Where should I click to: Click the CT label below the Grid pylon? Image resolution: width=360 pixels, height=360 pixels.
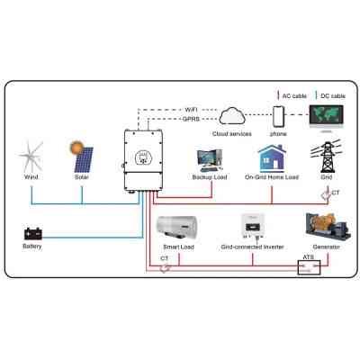tap(336, 193)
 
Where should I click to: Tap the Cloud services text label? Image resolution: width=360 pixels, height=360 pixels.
tap(231, 133)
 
